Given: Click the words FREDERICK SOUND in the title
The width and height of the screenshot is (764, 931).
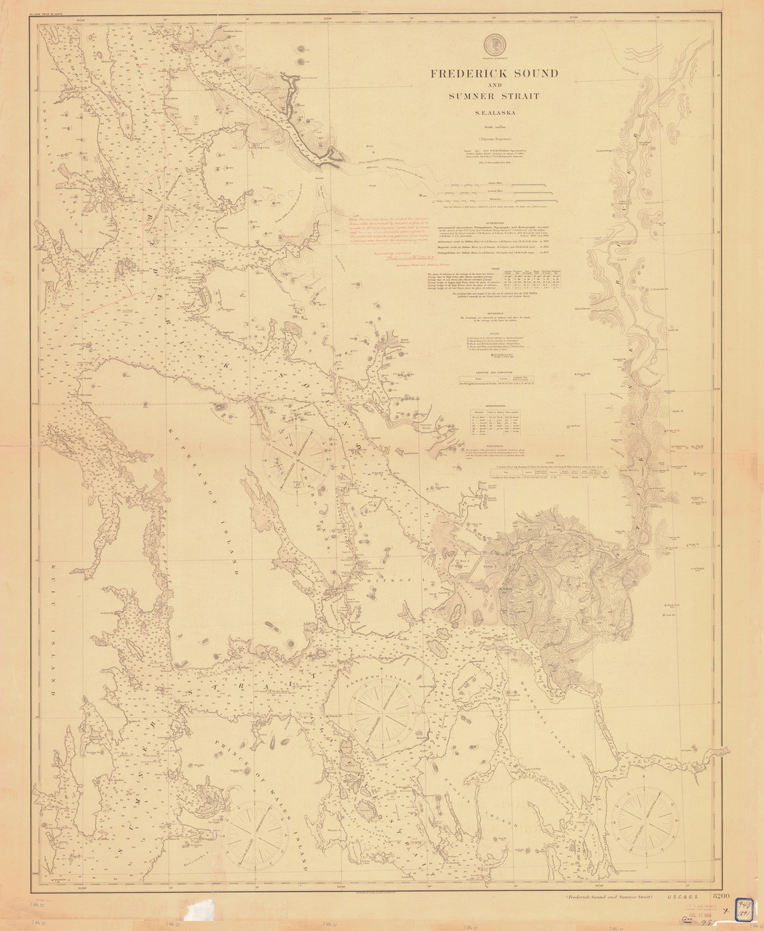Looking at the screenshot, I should (494, 73).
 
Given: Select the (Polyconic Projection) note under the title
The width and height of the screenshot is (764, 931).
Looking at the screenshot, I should (494, 138).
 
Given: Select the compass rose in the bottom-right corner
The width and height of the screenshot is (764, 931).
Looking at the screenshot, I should (642, 814).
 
